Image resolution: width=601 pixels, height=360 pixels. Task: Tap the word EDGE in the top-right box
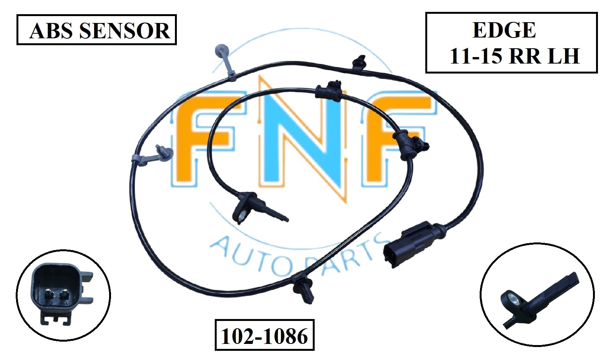click(504, 30)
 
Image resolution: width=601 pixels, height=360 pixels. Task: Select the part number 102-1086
click(265, 336)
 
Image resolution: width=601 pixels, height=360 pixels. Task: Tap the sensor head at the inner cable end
click(245, 209)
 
